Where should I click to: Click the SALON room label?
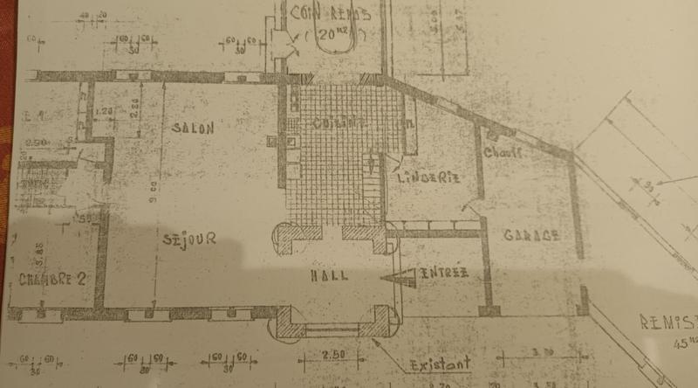[193, 128]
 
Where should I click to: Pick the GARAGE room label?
[530, 236]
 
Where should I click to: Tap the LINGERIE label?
[428, 177]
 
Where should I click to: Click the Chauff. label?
[504, 154]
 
